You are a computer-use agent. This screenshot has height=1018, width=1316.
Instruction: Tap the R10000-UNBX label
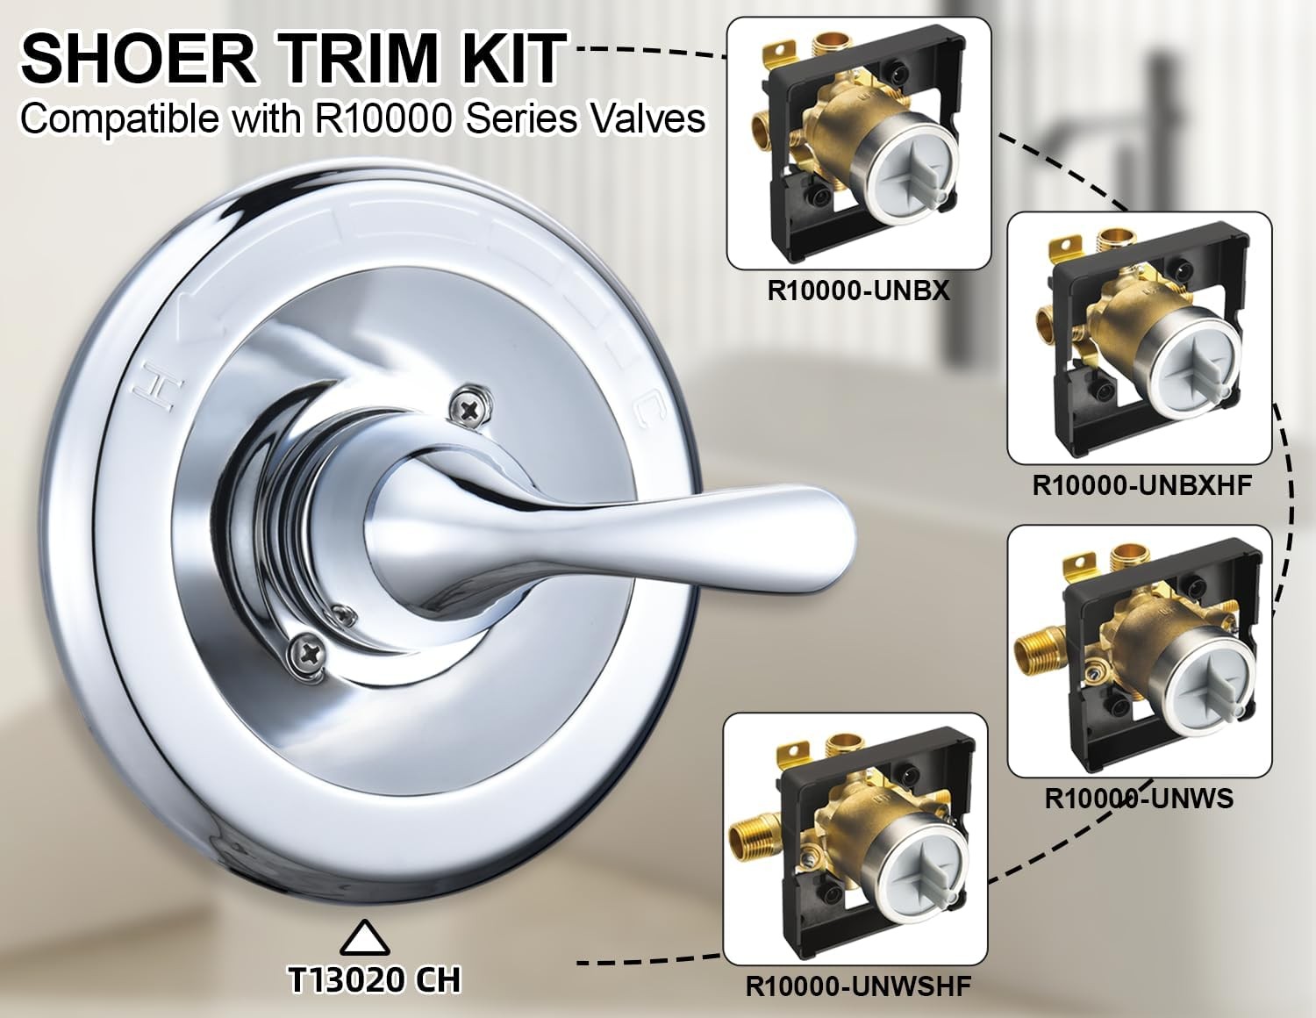pyautogui.click(x=858, y=290)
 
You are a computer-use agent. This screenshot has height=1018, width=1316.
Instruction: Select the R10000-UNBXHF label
pyautogui.click(x=1141, y=485)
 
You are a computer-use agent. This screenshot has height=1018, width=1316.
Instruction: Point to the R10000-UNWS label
pyautogui.click(x=1139, y=799)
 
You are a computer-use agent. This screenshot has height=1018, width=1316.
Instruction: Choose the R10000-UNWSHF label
pyautogui.click(x=858, y=986)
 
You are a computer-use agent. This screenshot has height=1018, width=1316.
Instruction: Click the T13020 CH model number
pyautogui.click(x=375, y=979)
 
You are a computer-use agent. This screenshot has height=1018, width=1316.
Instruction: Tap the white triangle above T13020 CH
pyautogui.click(x=365, y=938)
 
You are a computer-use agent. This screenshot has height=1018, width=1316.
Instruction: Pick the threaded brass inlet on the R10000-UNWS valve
pyautogui.click(x=1040, y=649)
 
